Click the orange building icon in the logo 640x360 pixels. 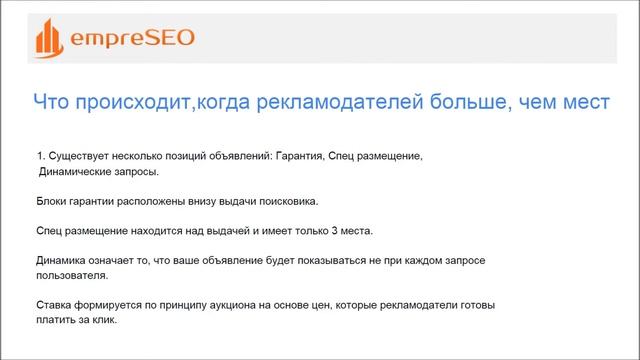tap(49, 39)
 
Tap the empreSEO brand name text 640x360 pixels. tap(131, 39)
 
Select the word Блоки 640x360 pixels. tap(52, 201)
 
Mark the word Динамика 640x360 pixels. tap(63, 261)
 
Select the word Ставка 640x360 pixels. tap(55, 305)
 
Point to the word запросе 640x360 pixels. tap(462, 261)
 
